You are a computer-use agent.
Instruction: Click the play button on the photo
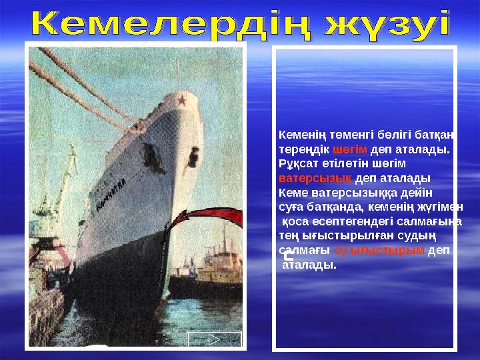215,339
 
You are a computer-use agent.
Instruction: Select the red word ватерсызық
315,179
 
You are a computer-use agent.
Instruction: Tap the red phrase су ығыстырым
379,251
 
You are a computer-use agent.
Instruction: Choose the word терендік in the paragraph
304,149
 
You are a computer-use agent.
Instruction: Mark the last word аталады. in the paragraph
309,265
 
